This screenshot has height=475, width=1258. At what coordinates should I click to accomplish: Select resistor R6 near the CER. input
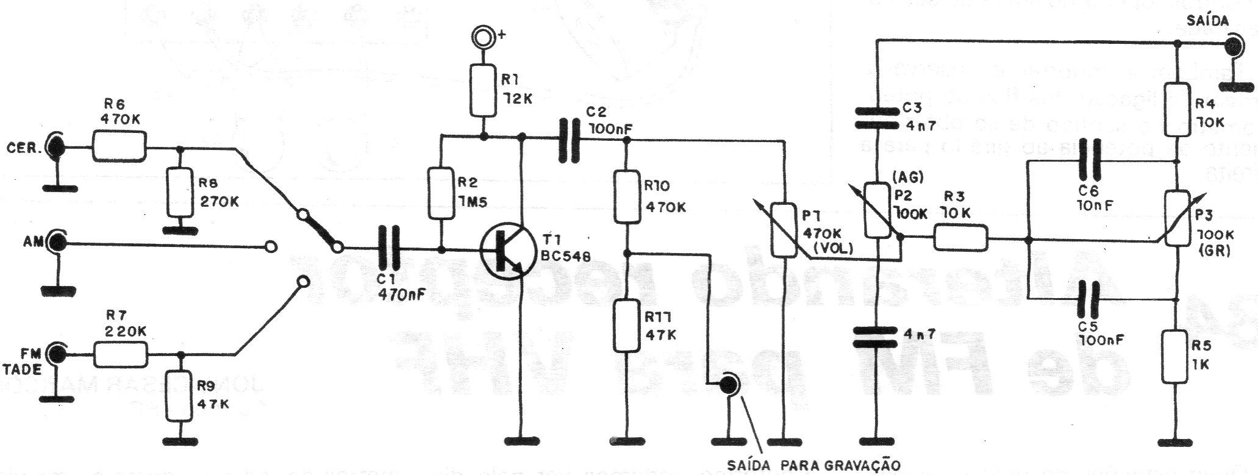(120, 147)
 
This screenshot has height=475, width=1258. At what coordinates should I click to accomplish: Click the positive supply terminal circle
(483, 37)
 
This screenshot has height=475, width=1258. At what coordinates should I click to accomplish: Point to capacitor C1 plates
(388, 249)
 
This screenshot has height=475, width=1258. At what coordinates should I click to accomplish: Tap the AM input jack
(59, 243)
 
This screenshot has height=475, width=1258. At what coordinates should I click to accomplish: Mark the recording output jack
(727, 384)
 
